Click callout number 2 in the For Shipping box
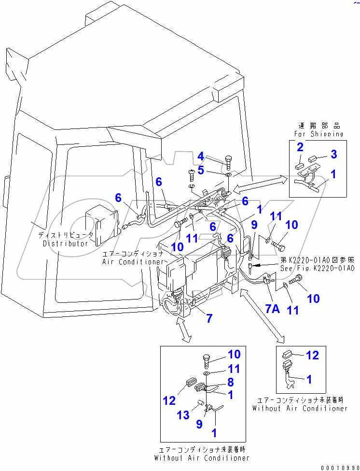click(x=300, y=147)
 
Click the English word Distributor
click(x=66, y=243)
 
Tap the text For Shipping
click(x=318, y=134)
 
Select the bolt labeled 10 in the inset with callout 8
click(x=207, y=360)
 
